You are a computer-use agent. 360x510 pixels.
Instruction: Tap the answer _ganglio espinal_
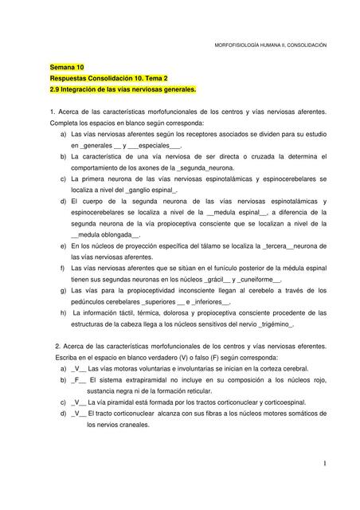(x=150, y=191)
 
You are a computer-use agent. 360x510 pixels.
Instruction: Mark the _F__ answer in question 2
(x=77, y=380)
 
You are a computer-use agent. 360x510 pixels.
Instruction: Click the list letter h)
(x=63, y=314)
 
